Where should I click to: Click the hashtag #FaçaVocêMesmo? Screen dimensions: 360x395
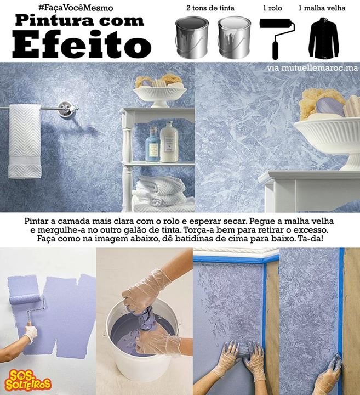(x=76, y=8)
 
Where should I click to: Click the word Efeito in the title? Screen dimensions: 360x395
(x=82, y=44)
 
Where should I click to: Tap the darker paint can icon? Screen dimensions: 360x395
(x=192, y=37)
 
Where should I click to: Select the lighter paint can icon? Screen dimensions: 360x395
(x=235, y=37)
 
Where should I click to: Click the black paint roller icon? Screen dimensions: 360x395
(x=277, y=38)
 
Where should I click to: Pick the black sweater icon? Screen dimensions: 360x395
(x=324, y=37)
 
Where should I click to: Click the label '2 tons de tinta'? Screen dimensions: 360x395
(x=210, y=8)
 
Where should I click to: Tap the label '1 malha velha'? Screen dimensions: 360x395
(x=322, y=8)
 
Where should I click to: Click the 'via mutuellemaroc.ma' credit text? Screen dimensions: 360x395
(x=312, y=68)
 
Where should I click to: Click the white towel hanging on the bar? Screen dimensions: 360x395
(x=25, y=141)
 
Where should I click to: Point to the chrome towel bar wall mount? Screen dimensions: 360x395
(x=66, y=108)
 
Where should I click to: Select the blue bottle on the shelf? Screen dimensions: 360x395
(x=153, y=145)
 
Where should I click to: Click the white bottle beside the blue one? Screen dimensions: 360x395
(x=169, y=143)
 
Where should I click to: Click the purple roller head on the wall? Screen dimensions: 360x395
(x=25, y=299)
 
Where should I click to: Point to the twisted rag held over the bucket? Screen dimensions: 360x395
(x=144, y=318)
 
